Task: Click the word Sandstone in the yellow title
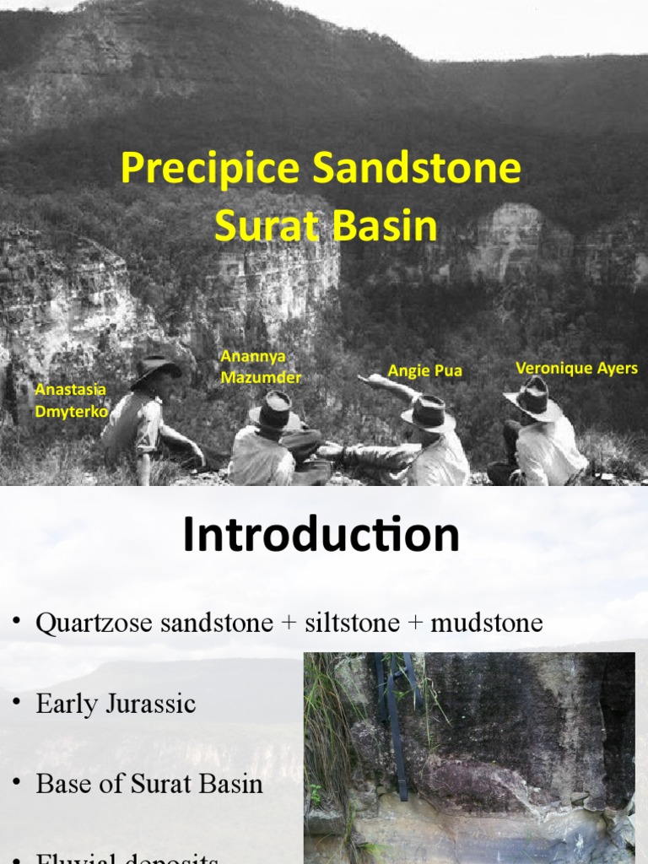[418, 169]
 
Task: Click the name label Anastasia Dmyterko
[71, 400]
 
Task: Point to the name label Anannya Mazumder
[260, 367]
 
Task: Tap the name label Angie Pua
[424, 370]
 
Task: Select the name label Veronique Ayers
[576, 368]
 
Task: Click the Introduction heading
[321, 535]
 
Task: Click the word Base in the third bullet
[60, 784]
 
